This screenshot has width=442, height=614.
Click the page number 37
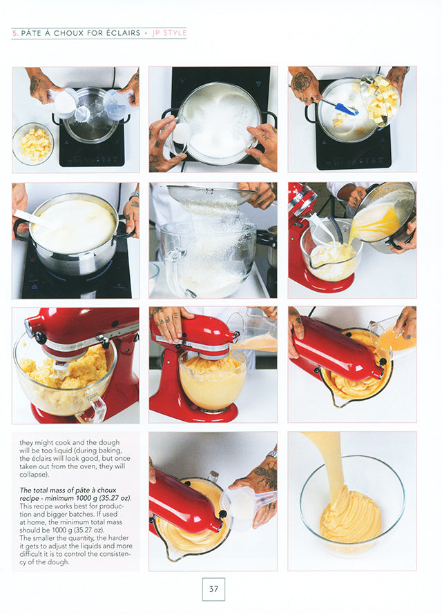point(213,589)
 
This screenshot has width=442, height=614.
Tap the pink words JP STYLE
point(169,33)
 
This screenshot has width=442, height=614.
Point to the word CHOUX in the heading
point(68,33)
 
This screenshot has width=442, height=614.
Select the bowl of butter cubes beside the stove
point(33,143)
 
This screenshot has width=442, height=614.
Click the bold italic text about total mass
point(75,494)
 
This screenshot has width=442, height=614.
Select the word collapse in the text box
point(32,475)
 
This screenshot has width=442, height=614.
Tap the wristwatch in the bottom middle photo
point(271,454)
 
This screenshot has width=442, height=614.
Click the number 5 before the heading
point(15,33)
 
